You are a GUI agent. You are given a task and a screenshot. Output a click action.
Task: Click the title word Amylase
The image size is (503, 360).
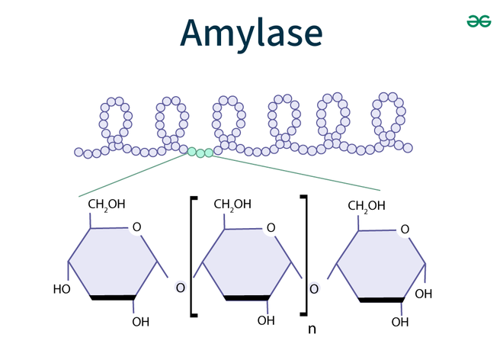point(251,34)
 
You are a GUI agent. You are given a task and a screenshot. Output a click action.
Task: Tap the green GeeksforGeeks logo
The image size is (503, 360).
point(478,22)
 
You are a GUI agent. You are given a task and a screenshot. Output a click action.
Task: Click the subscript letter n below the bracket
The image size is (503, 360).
point(312,329)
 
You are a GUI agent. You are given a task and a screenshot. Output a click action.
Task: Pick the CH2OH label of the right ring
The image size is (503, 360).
point(366,205)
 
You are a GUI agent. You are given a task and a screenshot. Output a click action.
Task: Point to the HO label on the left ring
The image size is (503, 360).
point(62,289)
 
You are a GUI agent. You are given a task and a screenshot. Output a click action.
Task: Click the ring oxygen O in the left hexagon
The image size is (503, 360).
point(136,227)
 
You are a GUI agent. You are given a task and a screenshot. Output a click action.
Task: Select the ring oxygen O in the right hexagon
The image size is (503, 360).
point(405,228)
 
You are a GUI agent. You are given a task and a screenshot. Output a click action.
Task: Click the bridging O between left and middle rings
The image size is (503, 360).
point(180,288)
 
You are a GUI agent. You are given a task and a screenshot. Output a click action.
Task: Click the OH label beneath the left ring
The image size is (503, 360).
point(141,321)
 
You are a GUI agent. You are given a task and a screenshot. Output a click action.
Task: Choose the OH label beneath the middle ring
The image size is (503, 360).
point(266,320)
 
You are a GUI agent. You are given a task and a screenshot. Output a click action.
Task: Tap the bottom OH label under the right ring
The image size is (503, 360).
point(400,322)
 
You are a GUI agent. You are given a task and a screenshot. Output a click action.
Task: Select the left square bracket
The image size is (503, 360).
point(193,256)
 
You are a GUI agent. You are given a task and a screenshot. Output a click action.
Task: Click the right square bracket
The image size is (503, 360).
point(304,256)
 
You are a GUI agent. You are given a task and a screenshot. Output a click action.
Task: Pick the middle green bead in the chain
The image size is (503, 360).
point(200,153)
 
